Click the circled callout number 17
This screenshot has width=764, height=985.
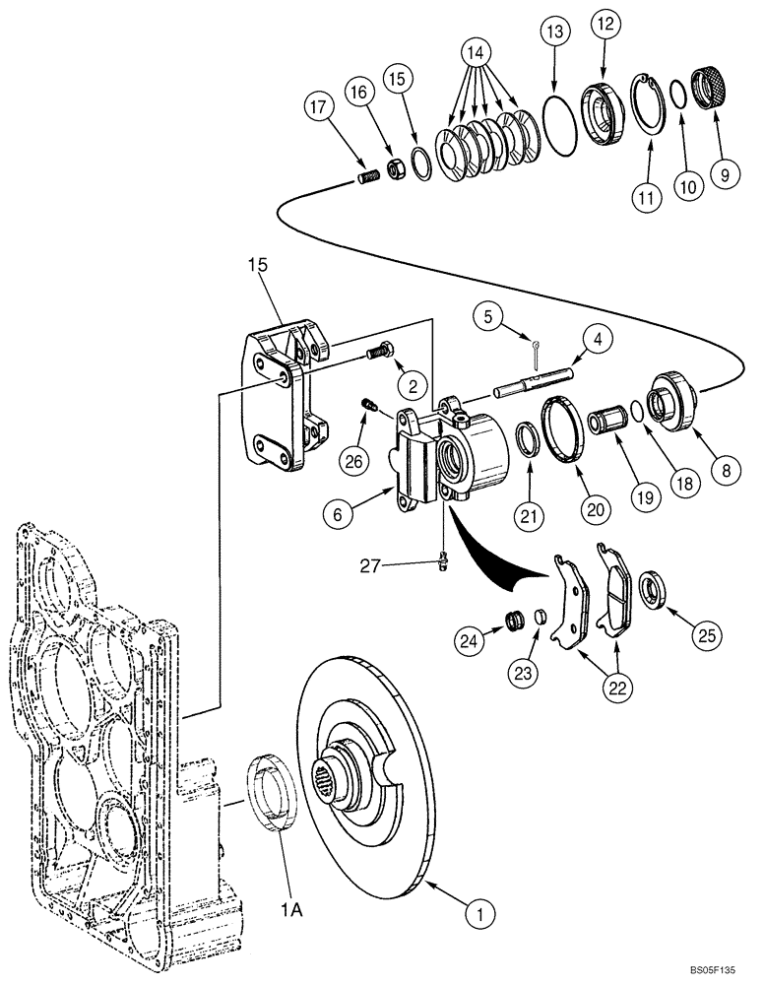pos(317,107)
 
